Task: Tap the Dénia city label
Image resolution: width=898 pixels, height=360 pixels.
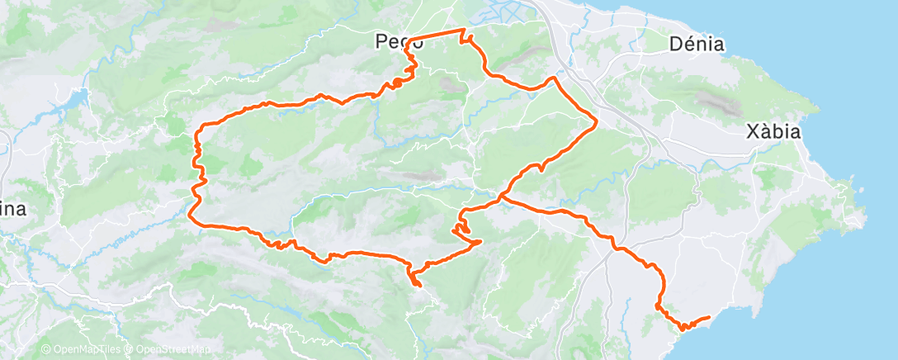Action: pyautogui.click(x=697, y=45)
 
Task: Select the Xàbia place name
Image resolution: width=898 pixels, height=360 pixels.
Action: pyautogui.click(x=773, y=132)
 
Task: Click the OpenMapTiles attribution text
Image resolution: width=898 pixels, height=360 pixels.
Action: pyautogui.click(x=87, y=350)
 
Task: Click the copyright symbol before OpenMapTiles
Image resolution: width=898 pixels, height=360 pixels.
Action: pyautogui.click(x=45, y=350)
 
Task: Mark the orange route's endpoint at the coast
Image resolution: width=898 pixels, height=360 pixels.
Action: pyautogui.click(x=709, y=317)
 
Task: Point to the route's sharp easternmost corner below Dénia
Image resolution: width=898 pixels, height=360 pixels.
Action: pyautogui.click(x=596, y=122)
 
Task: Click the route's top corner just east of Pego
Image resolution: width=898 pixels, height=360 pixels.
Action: pyautogui.click(x=463, y=31)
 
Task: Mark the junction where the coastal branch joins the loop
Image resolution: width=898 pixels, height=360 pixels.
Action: pyautogui.click(x=500, y=198)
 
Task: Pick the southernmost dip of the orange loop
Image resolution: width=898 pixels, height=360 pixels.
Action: pyautogui.click(x=417, y=286)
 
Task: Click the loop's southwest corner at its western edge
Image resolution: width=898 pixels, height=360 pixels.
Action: pyautogui.click(x=191, y=219)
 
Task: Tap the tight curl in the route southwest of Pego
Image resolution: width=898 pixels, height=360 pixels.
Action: pyautogui.click(x=397, y=82)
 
